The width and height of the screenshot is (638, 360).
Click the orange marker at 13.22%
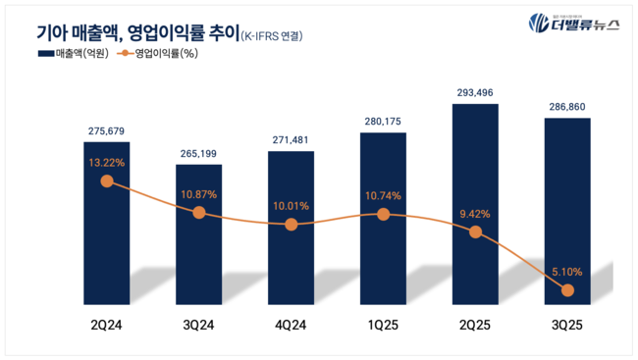point(107,180)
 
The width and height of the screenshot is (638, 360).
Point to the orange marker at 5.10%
point(568,289)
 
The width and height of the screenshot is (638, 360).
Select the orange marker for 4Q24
point(292,225)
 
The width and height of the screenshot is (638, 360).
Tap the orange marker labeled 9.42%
point(476,232)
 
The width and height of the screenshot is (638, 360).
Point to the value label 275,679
point(107,131)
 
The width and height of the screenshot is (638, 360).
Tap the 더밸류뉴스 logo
point(573,24)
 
